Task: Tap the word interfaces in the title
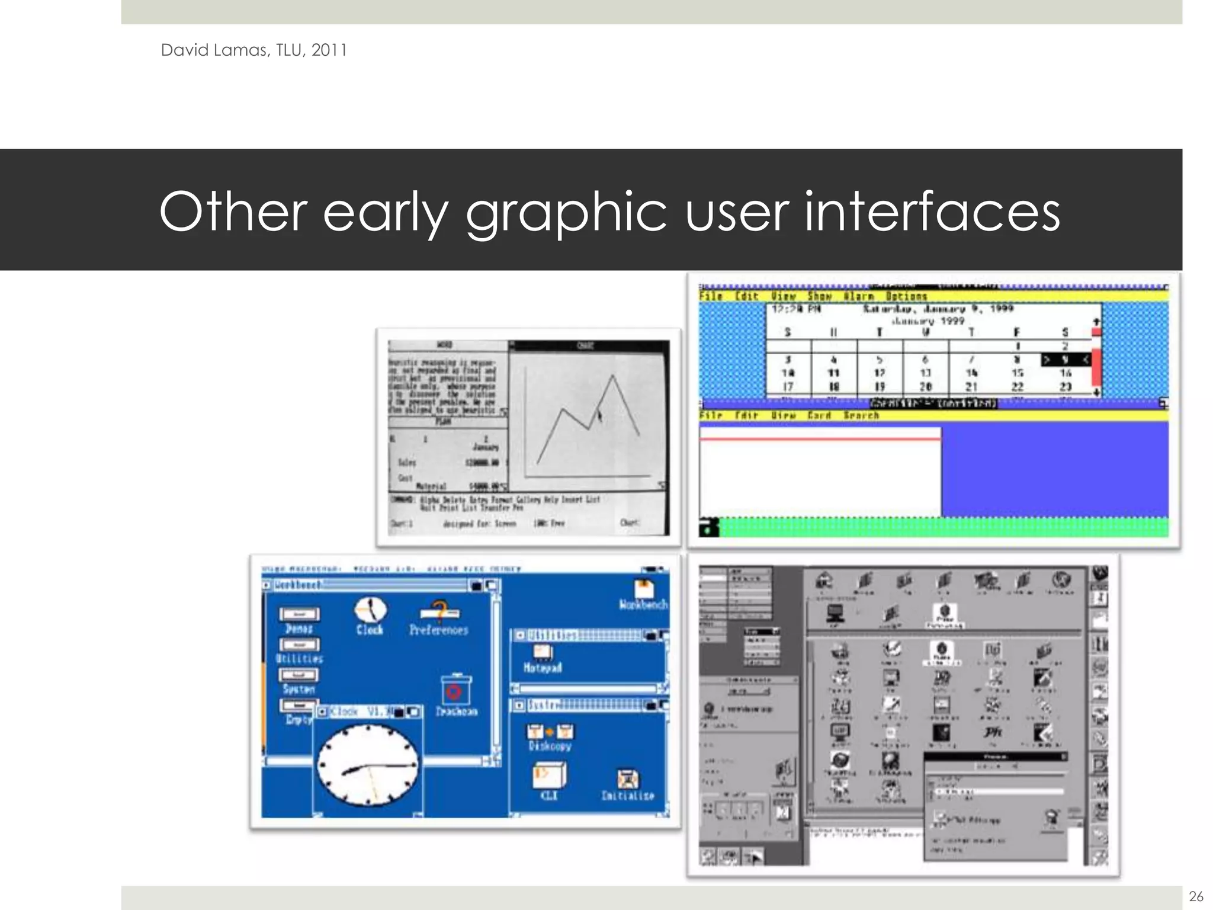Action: [932, 212]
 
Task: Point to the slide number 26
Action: [1196, 896]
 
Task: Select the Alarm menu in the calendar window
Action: [859, 296]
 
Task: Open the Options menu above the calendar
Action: [906, 296]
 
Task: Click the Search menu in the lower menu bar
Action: [861, 415]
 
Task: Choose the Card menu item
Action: [820, 415]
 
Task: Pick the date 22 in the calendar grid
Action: [1017, 386]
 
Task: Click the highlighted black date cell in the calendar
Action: [1065, 360]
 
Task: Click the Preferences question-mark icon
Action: [439, 613]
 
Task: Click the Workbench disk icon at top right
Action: [643, 589]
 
